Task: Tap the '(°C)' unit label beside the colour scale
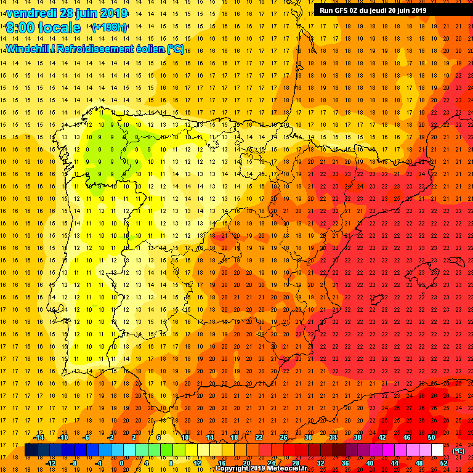pos(458,451)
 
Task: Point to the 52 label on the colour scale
pos(443,463)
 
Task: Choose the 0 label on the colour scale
pos(123,463)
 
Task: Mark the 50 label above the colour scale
pos(431,437)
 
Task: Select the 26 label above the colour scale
pos(283,437)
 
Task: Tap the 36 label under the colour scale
pos(345,463)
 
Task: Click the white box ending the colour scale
pos(437,450)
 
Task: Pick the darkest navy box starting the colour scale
pos(31,450)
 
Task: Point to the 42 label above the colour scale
pos(382,437)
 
